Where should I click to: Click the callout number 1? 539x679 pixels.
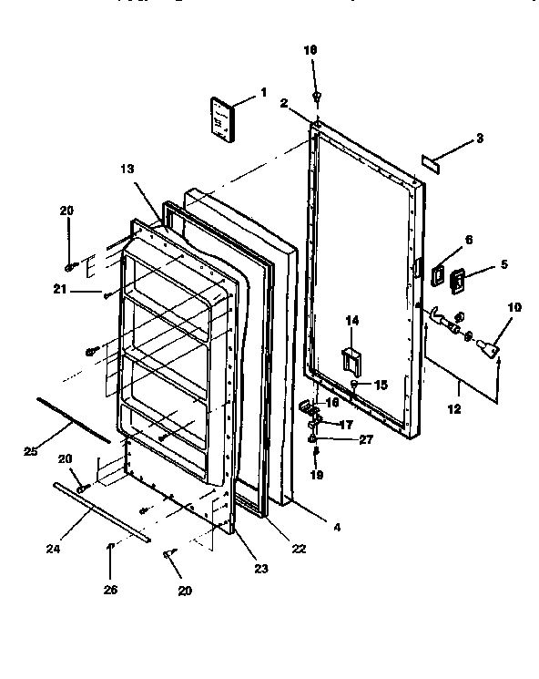click(263, 92)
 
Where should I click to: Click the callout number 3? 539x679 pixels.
click(480, 139)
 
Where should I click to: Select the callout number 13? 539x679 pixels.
click(127, 169)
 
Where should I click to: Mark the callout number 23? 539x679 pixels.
click(262, 570)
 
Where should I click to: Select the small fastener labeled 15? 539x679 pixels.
click(353, 386)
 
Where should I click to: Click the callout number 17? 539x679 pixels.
click(347, 424)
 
